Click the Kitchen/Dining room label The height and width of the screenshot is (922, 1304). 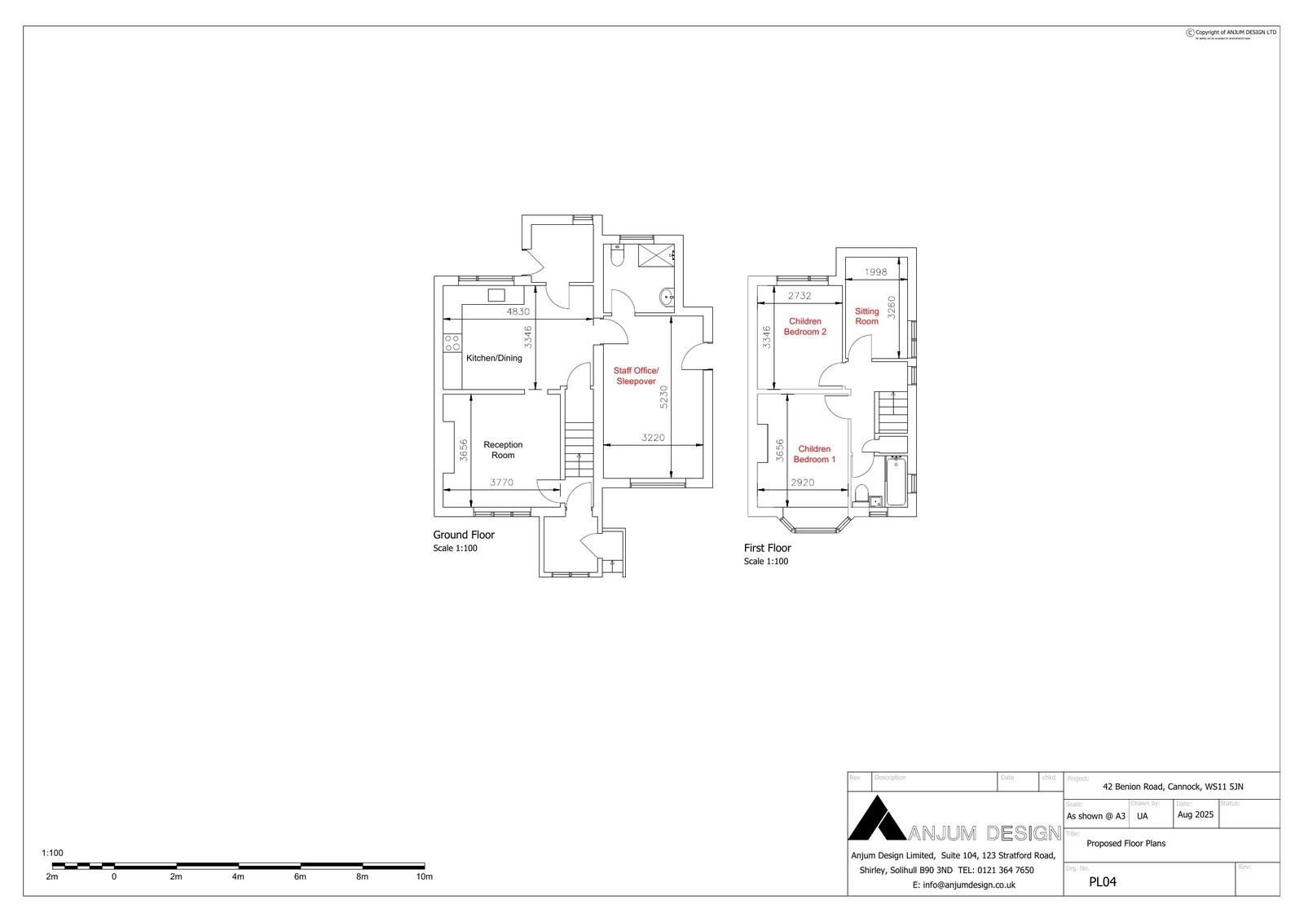tap(494, 358)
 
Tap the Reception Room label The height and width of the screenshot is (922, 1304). tap(503, 450)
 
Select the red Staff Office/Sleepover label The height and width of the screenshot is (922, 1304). tap(636, 376)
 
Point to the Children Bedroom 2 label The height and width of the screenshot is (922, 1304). tap(805, 326)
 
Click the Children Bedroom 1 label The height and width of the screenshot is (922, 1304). tap(814, 454)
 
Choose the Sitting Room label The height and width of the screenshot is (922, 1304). tap(866, 316)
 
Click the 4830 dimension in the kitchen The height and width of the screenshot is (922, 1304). tap(518, 311)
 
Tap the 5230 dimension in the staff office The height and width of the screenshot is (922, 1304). tap(663, 397)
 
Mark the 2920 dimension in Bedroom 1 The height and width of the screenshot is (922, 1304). tap(803, 483)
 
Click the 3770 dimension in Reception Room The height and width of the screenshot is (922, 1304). tap(501, 483)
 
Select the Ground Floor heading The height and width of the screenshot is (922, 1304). tap(464, 535)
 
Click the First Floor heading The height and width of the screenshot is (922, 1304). tap(767, 548)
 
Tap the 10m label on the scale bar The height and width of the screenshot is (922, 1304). tap(424, 877)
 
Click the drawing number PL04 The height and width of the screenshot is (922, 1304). tap(1102, 881)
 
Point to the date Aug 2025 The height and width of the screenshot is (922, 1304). tap(1196, 814)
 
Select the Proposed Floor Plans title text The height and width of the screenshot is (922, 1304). tap(1126, 844)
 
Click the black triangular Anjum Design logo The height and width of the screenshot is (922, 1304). tap(877, 820)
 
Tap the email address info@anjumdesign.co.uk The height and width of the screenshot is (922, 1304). tap(963, 885)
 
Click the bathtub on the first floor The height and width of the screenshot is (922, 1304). tap(896, 481)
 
